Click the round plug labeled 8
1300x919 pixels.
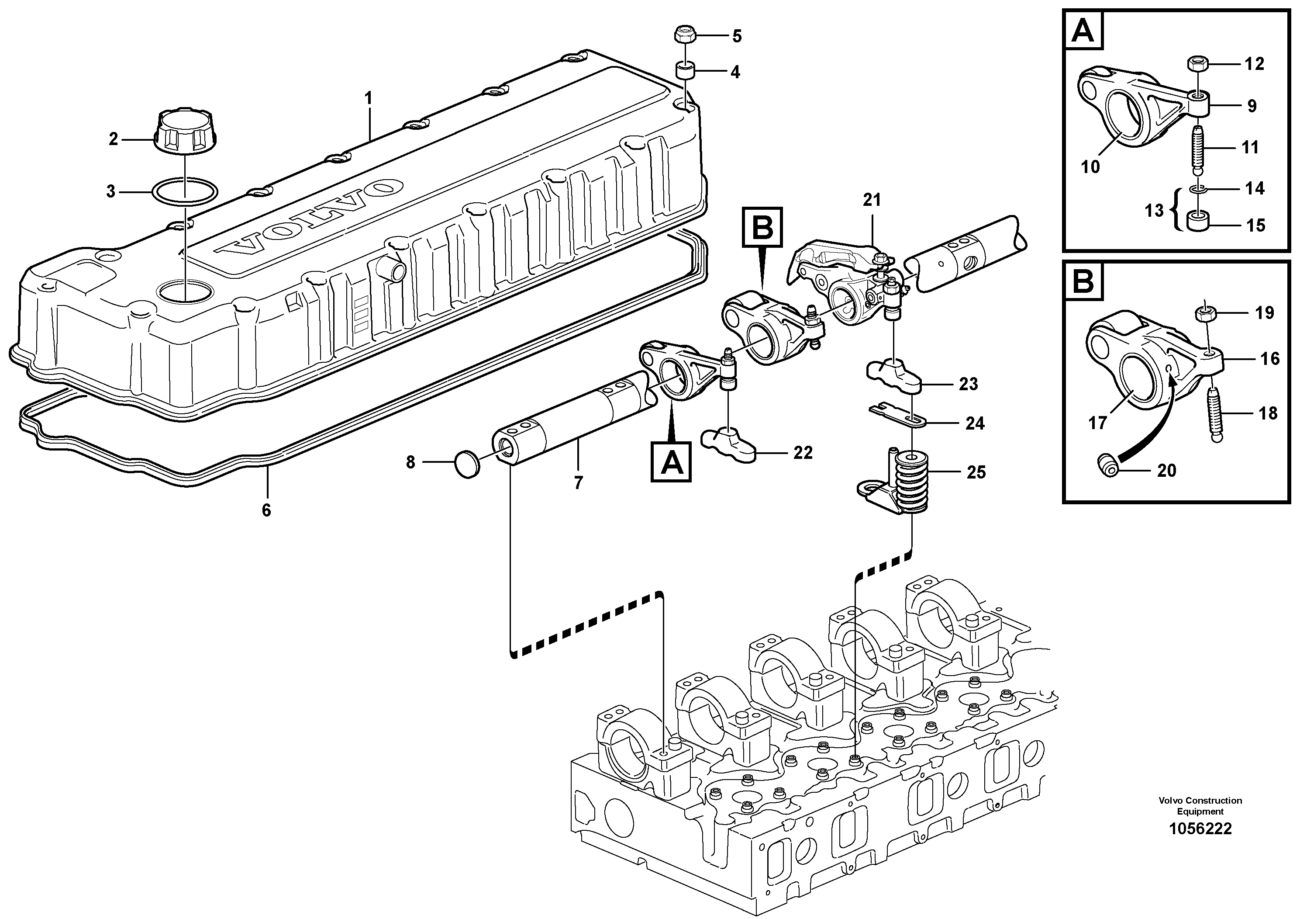pyautogui.click(x=466, y=464)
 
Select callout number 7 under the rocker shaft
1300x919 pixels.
pyautogui.click(x=578, y=483)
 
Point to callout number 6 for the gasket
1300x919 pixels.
pyautogui.click(x=266, y=511)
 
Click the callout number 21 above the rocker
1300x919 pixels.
pyautogui.click(x=872, y=200)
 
